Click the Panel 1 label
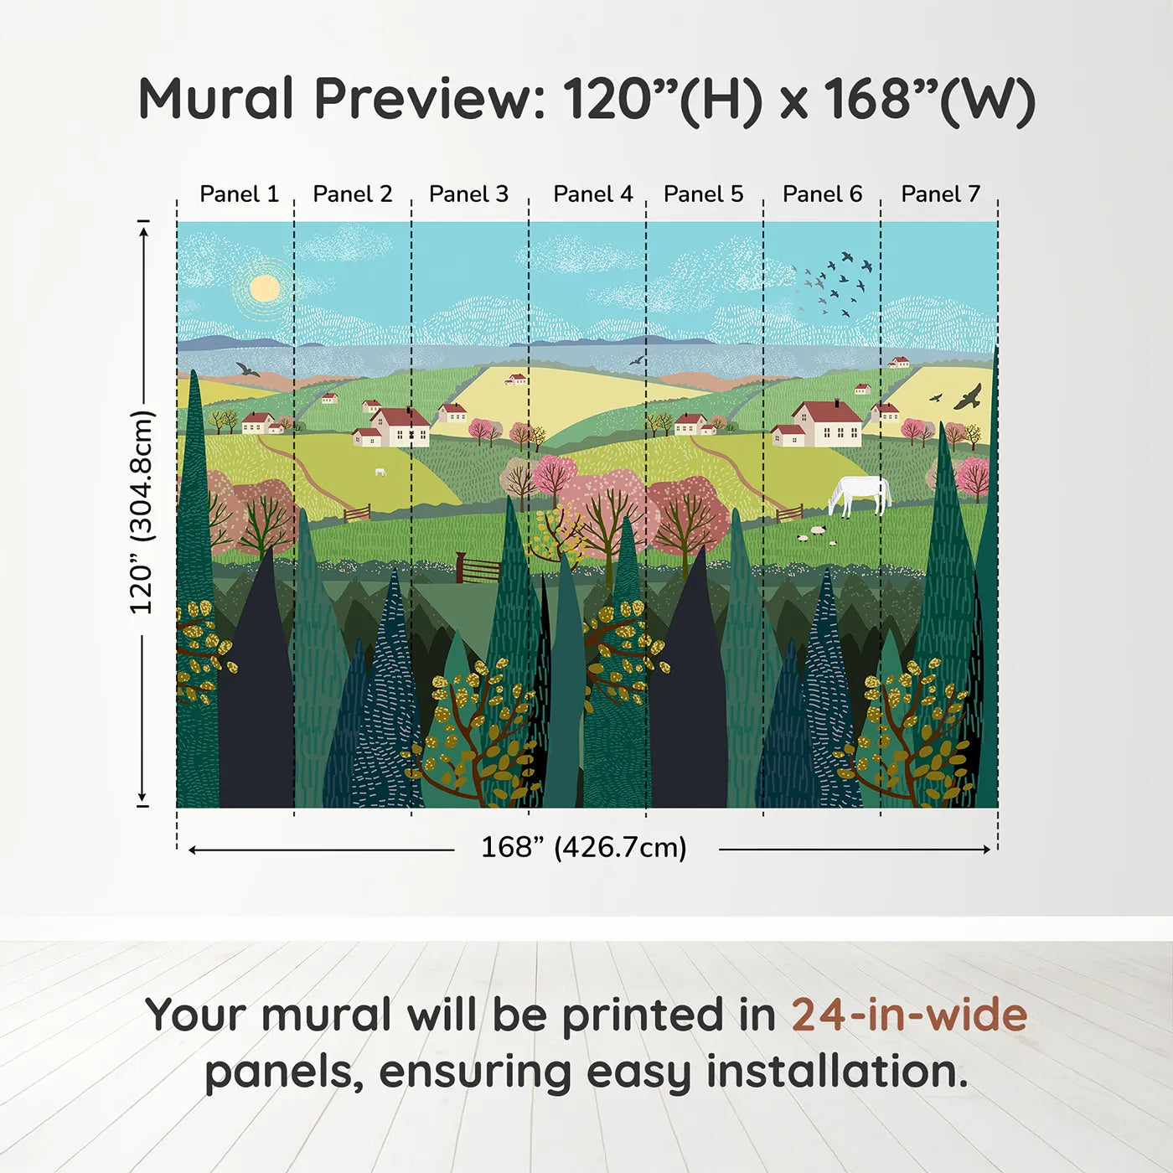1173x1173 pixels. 239,194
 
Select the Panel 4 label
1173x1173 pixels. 592,194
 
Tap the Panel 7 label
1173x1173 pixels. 940,194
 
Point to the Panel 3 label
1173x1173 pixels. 468,194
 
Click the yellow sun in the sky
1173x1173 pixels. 265,288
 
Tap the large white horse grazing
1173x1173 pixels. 859,494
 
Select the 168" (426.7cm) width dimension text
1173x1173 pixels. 584,848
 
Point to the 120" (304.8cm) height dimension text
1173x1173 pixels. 142,513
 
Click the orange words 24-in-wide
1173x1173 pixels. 909,1015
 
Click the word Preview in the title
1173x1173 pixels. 429,99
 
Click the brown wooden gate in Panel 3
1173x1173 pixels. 478,569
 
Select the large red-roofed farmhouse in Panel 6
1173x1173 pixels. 825,423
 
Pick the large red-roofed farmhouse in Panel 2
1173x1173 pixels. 399,426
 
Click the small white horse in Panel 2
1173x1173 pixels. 380,472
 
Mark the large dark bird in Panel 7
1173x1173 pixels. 969,397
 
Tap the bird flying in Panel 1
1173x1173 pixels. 247,369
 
